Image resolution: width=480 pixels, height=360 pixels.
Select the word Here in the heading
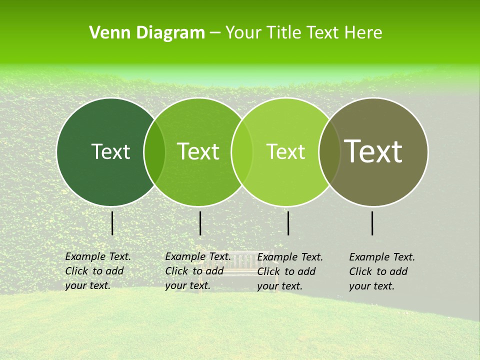[x=364, y=33]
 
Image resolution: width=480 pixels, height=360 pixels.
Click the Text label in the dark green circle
[x=110, y=151]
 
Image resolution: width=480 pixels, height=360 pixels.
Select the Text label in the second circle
[x=198, y=151]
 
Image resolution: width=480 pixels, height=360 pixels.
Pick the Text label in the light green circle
[x=285, y=151]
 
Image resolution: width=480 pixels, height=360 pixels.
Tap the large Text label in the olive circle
[x=373, y=151]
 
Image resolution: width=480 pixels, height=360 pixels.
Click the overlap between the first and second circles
[x=154, y=151]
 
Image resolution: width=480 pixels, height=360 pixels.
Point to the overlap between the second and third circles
[x=242, y=151]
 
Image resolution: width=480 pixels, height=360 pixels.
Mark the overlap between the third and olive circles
[x=329, y=151]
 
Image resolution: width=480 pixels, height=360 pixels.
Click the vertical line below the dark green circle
[x=112, y=223]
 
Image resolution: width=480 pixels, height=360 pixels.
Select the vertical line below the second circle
[x=200, y=223]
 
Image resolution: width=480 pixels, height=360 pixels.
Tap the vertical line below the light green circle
[x=288, y=223]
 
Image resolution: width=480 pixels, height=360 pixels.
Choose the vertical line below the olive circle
[x=372, y=223]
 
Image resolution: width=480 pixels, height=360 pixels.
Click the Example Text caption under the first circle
[x=97, y=271]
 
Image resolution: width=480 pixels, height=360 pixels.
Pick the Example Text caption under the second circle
[x=197, y=271]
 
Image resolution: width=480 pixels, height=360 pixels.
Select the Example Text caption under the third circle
[x=289, y=271]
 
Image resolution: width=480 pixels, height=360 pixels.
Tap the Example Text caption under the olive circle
[x=381, y=271]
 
